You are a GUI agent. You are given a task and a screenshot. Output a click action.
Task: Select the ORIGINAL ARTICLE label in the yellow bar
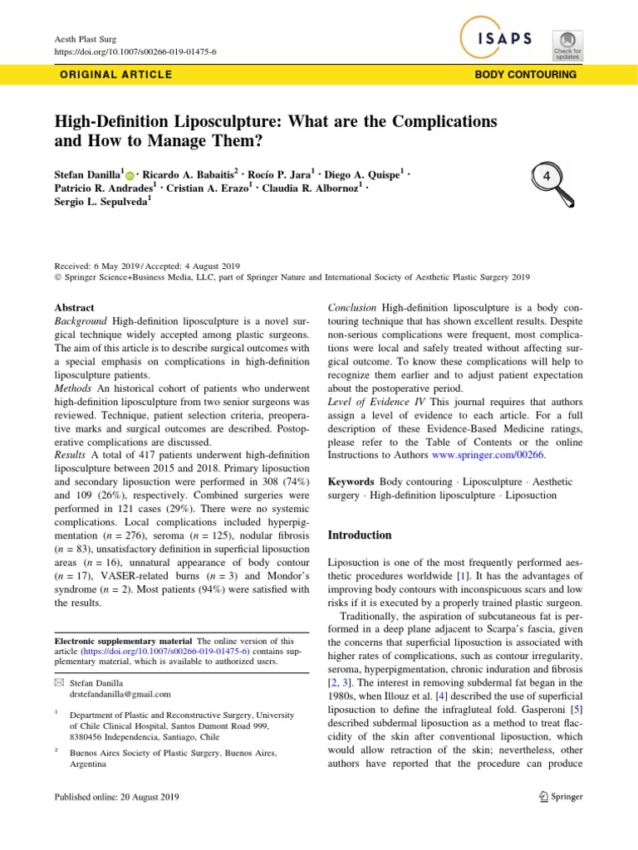(116, 75)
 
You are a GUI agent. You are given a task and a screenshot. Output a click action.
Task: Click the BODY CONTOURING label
(525, 75)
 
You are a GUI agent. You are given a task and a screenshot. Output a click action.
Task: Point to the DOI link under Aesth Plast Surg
(135, 51)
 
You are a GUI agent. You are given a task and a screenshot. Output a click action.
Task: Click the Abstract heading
(74, 308)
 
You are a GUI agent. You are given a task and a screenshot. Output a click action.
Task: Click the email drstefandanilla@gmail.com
(120, 694)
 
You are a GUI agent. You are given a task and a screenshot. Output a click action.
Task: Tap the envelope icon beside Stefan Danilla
(58, 681)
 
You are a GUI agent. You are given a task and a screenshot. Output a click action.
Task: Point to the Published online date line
(116, 797)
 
